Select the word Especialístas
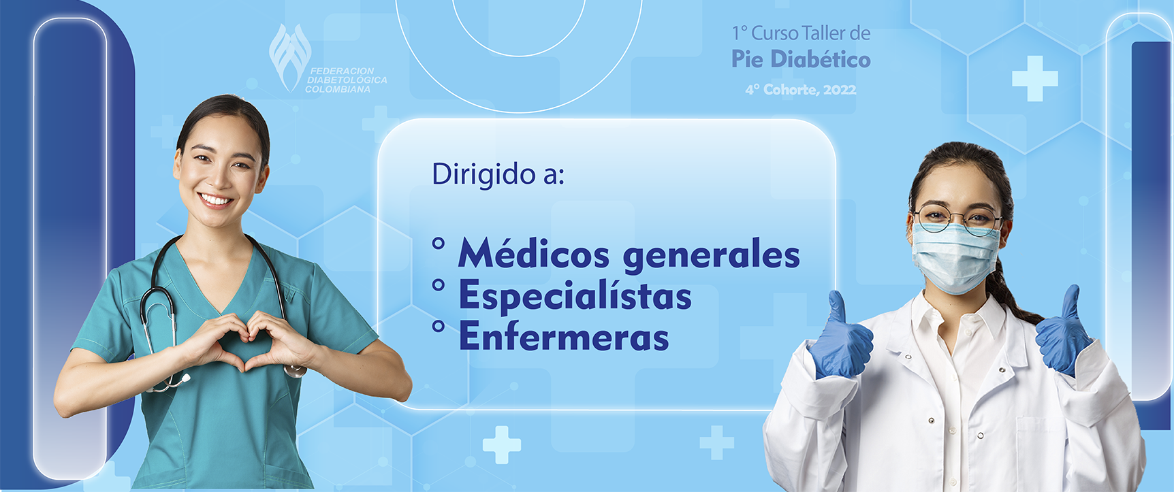575,296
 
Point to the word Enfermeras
564,336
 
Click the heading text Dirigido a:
498,174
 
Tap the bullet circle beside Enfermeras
439,327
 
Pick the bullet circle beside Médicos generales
439,243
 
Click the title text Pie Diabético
801,59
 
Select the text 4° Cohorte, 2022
801,89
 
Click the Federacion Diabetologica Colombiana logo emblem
289,56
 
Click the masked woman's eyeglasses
957,218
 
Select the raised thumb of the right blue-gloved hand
1072,302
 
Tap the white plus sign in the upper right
1035,79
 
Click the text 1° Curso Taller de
801,33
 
